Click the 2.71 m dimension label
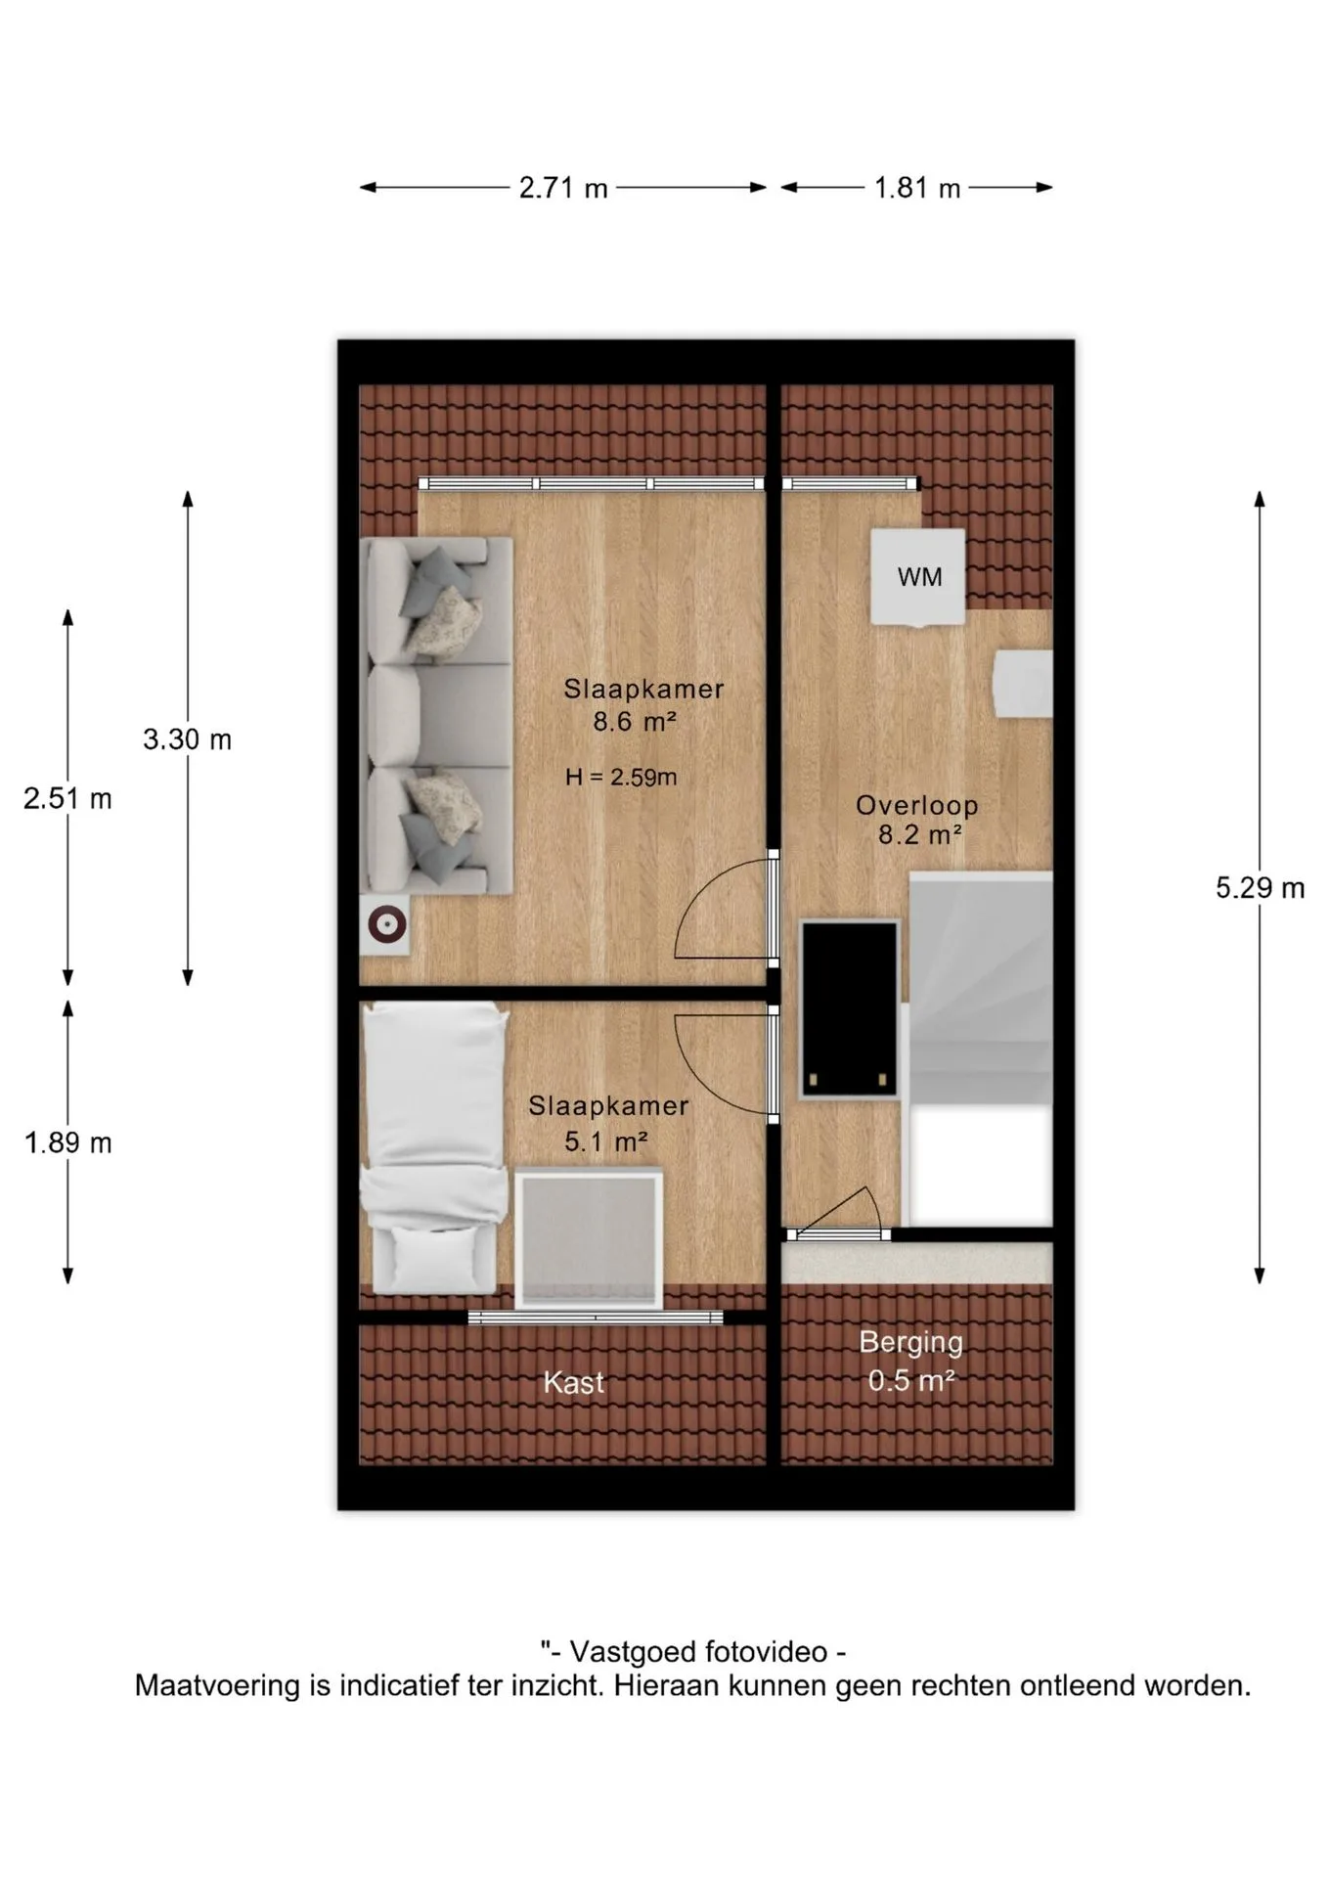click(x=563, y=188)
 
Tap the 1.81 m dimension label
click(x=917, y=188)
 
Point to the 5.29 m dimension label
click(x=1260, y=888)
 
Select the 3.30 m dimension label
click(x=187, y=739)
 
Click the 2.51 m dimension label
click(x=67, y=799)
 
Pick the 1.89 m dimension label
click(x=67, y=1142)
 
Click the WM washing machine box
click(x=918, y=577)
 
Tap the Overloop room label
click(x=917, y=806)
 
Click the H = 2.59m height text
click(x=621, y=778)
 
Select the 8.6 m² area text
click(x=635, y=722)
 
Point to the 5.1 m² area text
click(x=606, y=1141)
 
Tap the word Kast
click(x=574, y=1383)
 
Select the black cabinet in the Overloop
click(x=850, y=1009)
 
